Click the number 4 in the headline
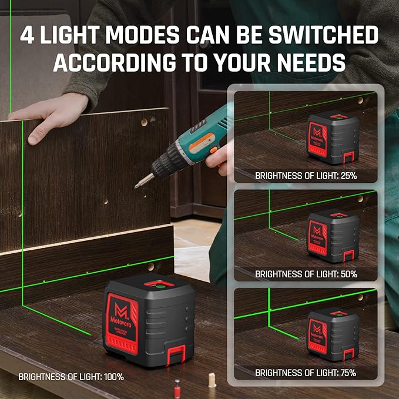pos(27,35)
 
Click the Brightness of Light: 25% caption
pos(306,176)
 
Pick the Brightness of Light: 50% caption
pos(306,274)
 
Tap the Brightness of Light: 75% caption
pos(306,372)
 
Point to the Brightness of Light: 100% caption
pos(71,377)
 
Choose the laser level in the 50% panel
pos(333,237)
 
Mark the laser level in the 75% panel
pos(333,336)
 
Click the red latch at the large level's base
pos(175,354)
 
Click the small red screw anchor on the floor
pos(176,387)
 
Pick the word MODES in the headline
pos(147,35)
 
